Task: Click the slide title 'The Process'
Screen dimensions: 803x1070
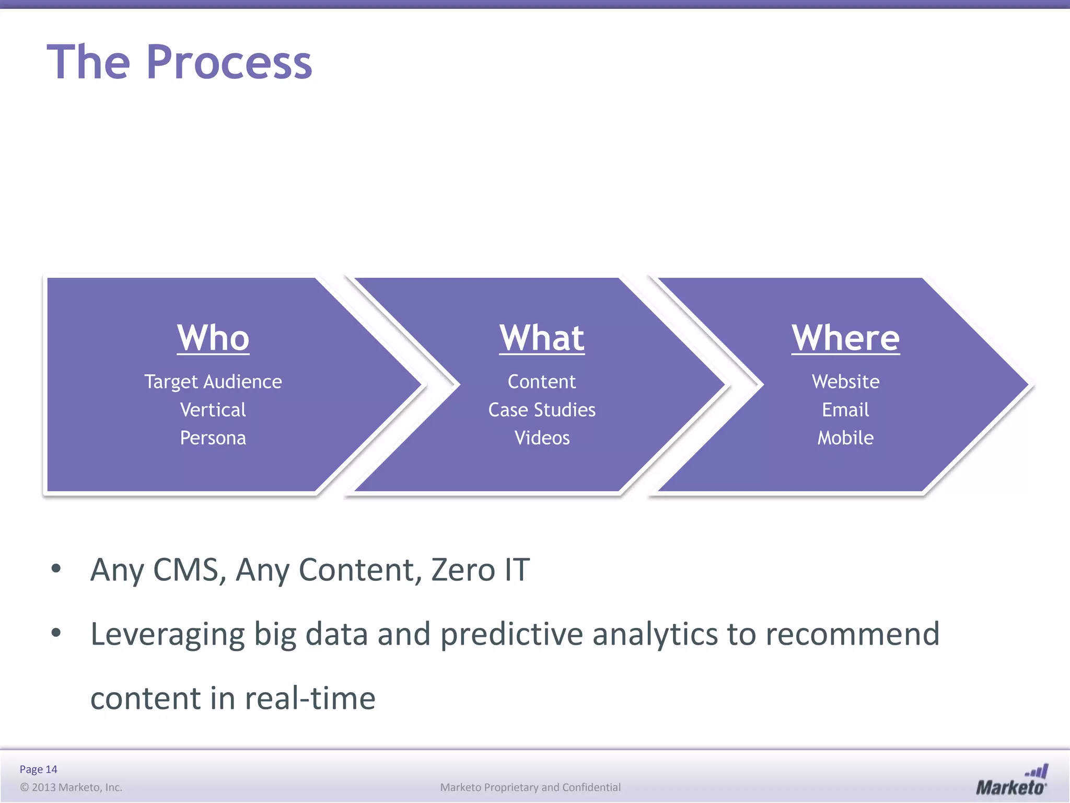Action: pos(179,62)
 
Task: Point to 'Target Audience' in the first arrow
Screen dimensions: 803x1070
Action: pos(213,382)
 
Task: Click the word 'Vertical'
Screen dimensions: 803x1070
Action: pos(213,410)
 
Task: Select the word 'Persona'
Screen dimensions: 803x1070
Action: pos(213,438)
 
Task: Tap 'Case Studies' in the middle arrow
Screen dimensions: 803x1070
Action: pos(542,410)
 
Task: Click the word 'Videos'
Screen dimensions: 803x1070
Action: pos(542,438)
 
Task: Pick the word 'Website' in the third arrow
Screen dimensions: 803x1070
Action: pos(845,382)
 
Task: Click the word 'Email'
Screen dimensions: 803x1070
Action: pos(845,410)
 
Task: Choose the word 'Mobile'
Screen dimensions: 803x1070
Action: pos(845,438)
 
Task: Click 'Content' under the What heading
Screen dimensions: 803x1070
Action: pos(542,382)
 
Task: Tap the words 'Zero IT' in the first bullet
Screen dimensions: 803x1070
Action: pos(480,570)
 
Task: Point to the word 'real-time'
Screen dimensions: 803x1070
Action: pos(310,698)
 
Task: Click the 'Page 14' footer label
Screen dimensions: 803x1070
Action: pos(38,769)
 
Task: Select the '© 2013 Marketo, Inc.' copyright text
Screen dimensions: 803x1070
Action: pos(71,787)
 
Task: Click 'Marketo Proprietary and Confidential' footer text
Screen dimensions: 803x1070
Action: pos(530,787)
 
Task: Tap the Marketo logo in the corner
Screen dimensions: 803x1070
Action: pos(1011,781)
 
